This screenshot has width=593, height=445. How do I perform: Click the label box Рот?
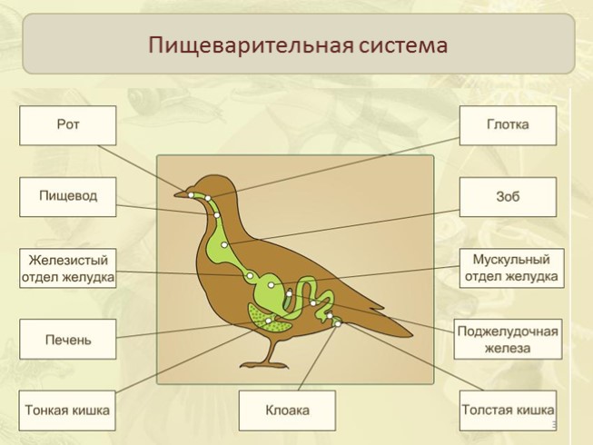[68, 125]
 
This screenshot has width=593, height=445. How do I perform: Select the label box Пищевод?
[68, 196]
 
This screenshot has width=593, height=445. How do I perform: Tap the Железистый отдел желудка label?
[68, 269]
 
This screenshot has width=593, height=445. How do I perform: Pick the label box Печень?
[68, 340]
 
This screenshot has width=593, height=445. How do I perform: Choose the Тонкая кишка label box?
[68, 410]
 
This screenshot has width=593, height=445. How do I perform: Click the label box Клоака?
[287, 410]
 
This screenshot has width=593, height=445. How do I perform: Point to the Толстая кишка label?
[508, 410]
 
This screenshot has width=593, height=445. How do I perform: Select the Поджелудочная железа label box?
[508, 340]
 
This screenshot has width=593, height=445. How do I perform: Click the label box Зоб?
[508, 196]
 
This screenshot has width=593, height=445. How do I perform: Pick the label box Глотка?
[508, 125]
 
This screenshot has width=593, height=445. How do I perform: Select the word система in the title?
[400, 44]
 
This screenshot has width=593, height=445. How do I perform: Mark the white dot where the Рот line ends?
[191, 194]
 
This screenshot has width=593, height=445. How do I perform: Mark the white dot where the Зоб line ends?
[224, 245]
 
